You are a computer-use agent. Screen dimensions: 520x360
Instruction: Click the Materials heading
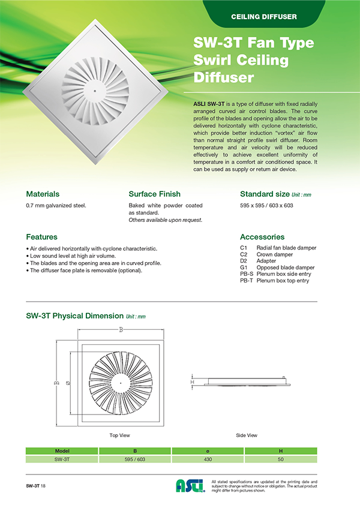[x=43, y=194]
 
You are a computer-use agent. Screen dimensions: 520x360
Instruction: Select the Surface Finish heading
[x=155, y=194]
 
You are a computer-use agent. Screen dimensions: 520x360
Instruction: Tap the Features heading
[x=42, y=237]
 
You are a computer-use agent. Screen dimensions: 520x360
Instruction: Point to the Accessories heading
[x=262, y=237]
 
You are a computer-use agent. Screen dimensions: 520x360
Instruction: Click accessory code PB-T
[x=246, y=281]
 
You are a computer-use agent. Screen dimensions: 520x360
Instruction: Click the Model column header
[x=62, y=450]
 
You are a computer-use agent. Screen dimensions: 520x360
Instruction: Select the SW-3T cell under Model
[x=62, y=459]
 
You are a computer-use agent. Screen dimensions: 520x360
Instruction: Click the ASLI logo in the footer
[x=190, y=486]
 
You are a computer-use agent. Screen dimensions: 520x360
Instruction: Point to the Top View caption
[x=120, y=435]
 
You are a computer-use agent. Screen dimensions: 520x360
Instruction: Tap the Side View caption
[x=247, y=435]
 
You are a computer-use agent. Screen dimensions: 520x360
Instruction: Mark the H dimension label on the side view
[x=192, y=381]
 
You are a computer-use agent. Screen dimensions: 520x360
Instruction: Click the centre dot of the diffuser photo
[x=94, y=91]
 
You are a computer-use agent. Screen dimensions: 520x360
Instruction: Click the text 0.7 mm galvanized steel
[x=56, y=206]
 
